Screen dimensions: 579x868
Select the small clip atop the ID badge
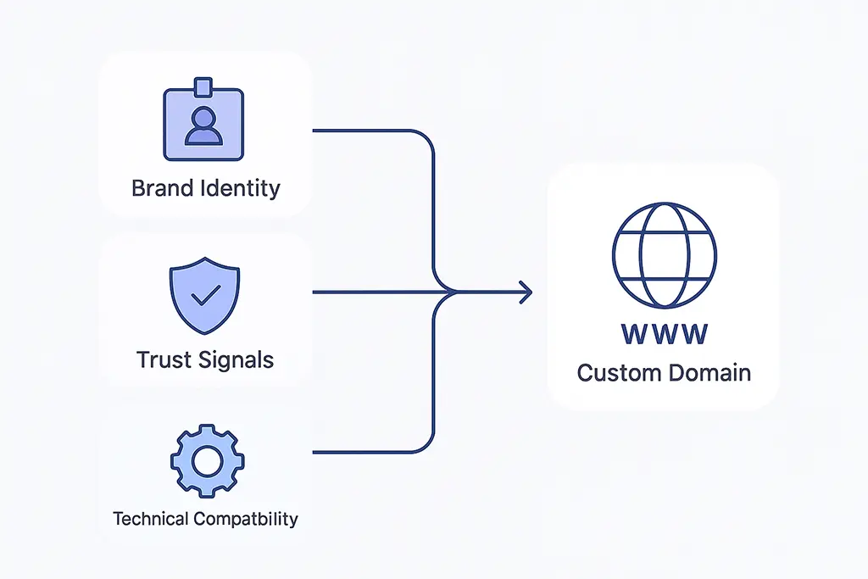203,86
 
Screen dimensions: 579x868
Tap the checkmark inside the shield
205,294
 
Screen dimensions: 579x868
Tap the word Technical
151,518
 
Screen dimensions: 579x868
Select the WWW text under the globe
664,334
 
